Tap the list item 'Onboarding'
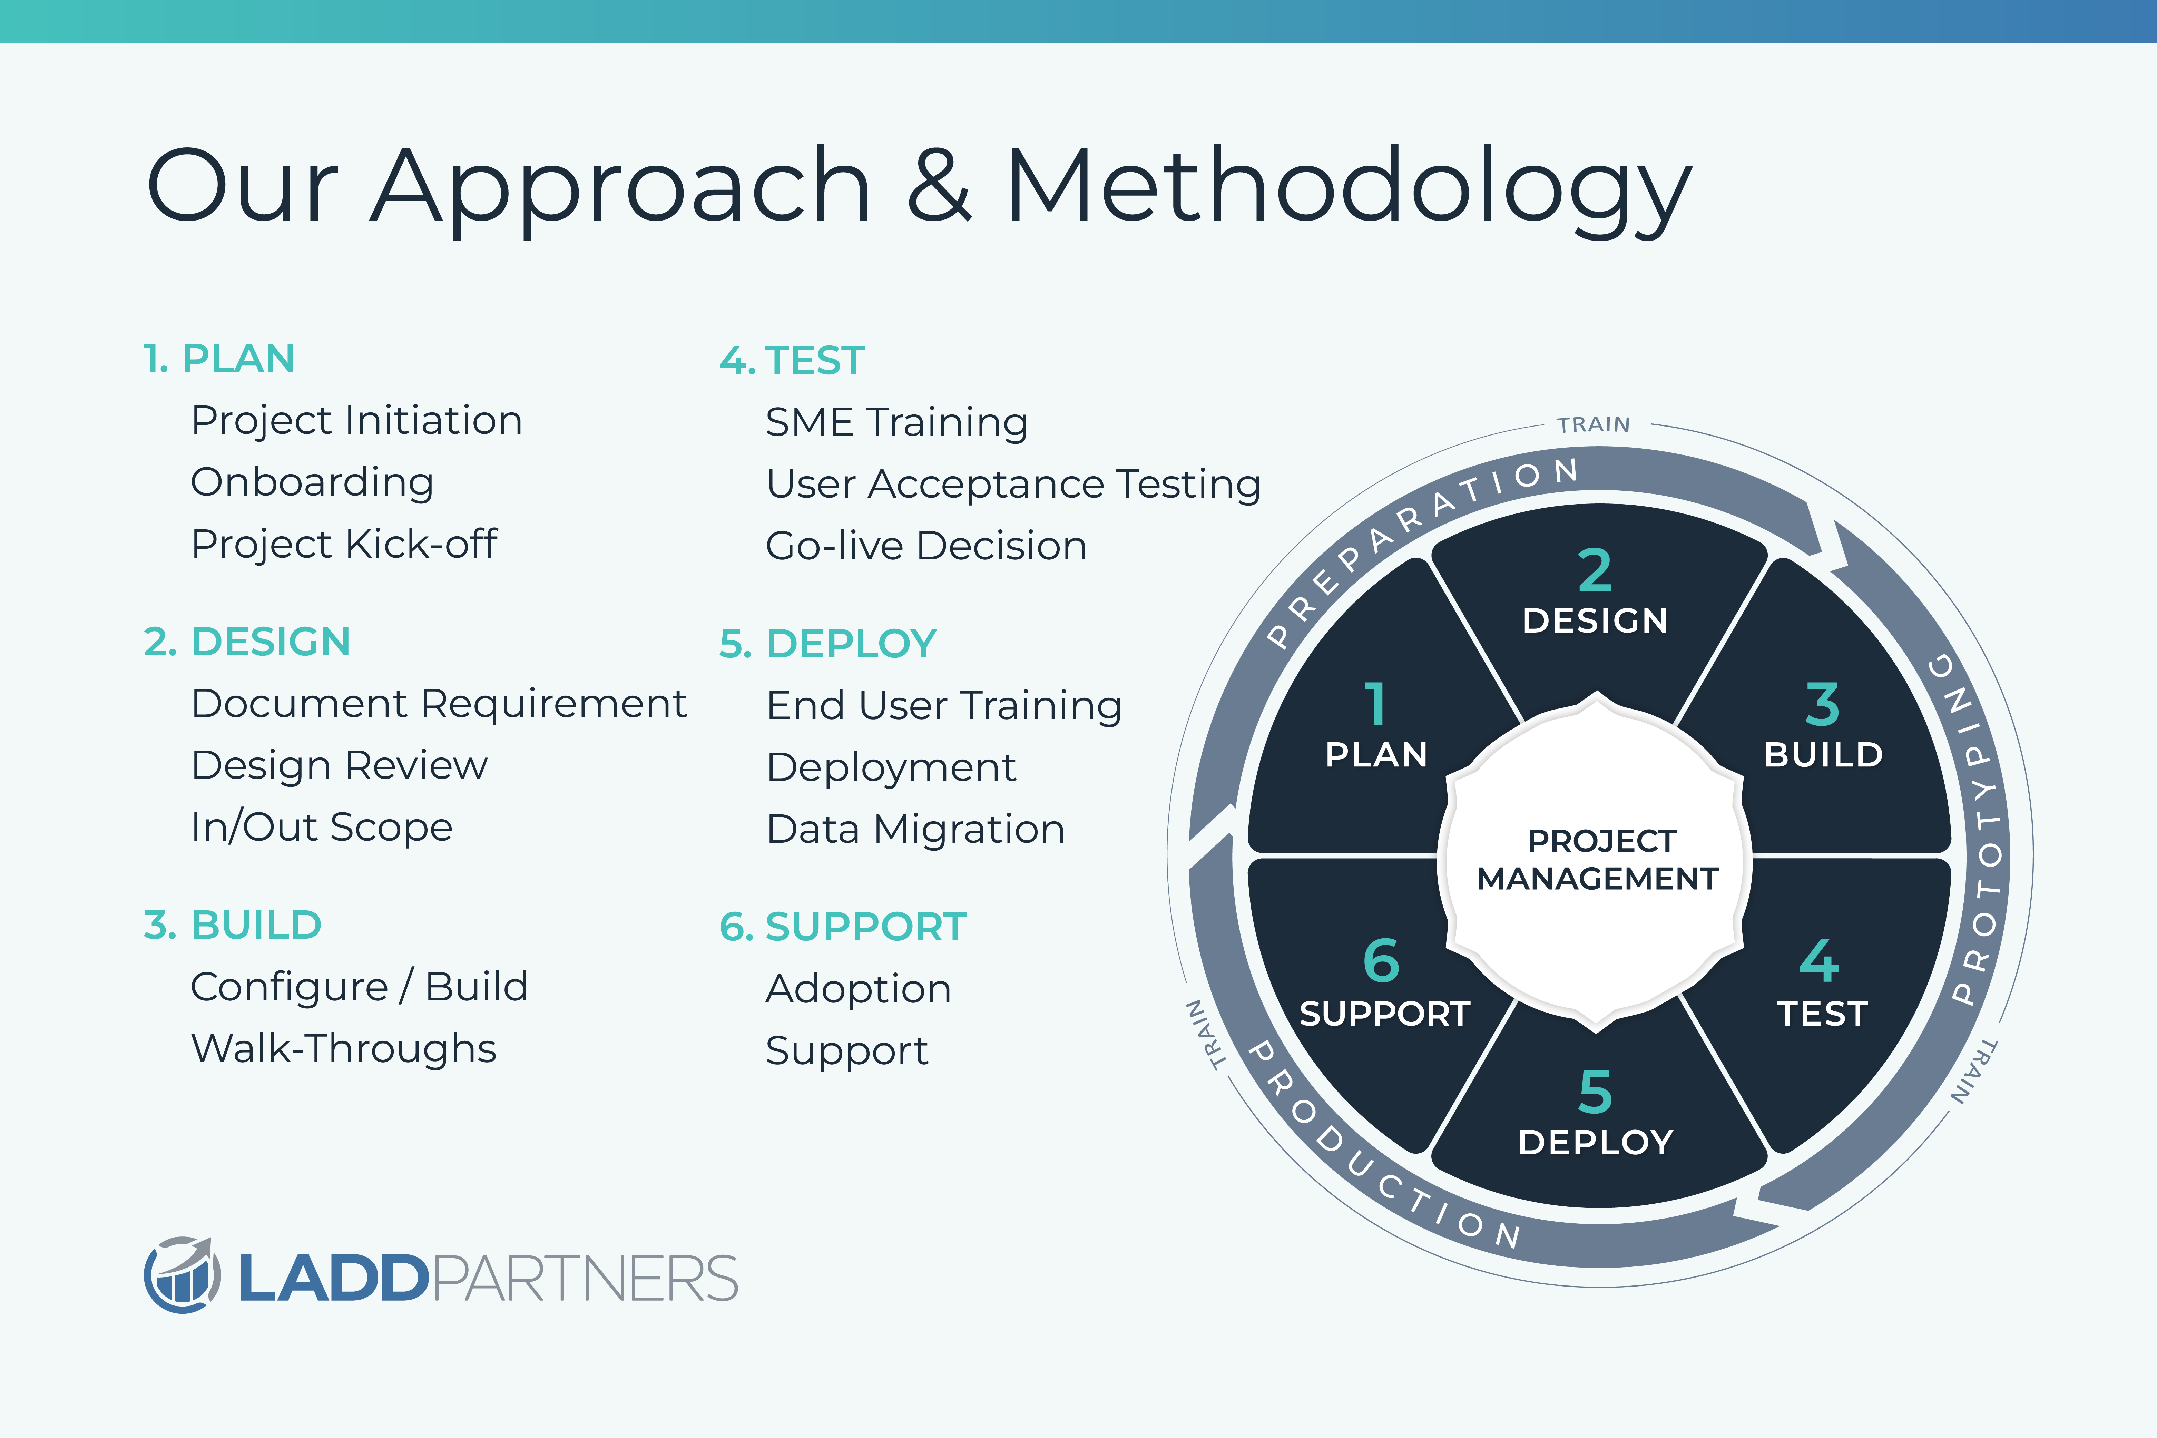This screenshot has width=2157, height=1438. coord(312,482)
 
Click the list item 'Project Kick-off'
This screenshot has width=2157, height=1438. coord(344,544)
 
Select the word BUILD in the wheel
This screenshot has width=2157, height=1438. coord(1823,755)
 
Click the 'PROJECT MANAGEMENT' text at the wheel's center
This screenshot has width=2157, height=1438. coord(1598,859)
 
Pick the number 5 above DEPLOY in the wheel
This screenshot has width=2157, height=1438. coord(1595,1091)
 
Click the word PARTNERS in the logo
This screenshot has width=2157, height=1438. coord(584,1279)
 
